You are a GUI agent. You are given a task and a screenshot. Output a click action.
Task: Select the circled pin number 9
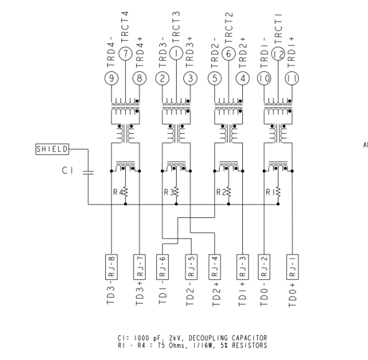tap(111, 78)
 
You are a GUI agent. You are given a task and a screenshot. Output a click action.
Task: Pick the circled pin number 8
tap(139, 78)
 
